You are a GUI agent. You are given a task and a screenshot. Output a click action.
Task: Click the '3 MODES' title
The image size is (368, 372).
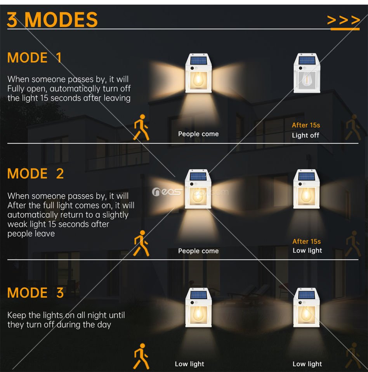[52, 20]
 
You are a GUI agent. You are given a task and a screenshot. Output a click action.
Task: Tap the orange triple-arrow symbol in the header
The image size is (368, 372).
[344, 20]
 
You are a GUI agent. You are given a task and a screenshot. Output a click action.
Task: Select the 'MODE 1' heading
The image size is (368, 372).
[35, 58]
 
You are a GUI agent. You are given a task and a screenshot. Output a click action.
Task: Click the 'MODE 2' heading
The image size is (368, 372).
[35, 174]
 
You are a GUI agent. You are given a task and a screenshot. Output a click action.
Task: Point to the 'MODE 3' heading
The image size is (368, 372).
[35, 293]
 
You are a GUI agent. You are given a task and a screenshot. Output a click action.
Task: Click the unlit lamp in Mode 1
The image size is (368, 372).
[307, 73]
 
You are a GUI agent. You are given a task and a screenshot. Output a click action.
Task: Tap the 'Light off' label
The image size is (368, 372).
[306, 135]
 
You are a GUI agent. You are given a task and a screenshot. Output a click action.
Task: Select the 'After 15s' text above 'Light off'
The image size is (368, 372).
[306, 125]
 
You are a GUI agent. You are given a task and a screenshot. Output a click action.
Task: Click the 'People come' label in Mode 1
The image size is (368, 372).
[198, 134]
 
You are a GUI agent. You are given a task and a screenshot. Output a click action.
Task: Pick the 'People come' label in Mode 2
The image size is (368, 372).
[198, 251]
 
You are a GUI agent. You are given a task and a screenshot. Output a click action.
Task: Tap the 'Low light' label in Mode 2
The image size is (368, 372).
[307, 251]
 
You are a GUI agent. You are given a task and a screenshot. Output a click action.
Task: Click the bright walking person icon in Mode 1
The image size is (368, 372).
[141, 127]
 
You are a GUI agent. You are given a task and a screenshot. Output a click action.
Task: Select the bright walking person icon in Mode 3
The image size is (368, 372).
[141, 356]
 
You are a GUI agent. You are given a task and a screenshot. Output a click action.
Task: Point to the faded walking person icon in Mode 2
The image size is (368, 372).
[353, 244]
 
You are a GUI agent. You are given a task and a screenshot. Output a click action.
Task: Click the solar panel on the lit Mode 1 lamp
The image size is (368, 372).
[198, 60]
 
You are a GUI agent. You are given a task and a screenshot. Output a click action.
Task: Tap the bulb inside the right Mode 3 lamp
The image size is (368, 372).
[306, 313]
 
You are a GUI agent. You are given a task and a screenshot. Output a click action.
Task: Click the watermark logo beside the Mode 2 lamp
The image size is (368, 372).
[167, 192]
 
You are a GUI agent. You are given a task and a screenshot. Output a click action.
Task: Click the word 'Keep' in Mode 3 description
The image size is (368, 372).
[17, 315]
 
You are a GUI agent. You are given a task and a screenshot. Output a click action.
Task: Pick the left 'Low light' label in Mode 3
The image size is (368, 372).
[189, 364]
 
